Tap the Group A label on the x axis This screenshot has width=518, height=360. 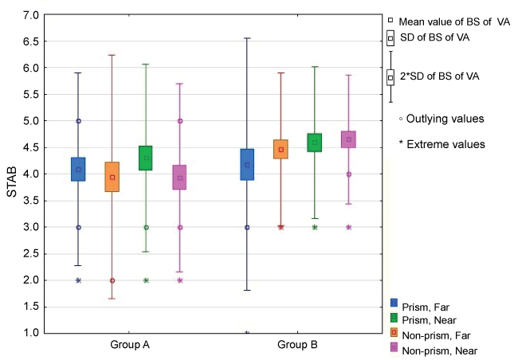[130, 346]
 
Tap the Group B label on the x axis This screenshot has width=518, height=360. [298, 346]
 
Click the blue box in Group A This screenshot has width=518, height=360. [78, 169]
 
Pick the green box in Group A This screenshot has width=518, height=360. [146, 158]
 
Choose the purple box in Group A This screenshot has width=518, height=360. [179, 177]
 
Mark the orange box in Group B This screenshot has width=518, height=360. [281, 149]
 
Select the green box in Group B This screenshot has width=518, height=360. [314, 143]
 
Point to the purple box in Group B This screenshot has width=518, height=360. [348, 139]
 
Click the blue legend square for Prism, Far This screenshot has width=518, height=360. [394, 303]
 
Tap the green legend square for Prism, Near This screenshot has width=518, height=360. [394, 319]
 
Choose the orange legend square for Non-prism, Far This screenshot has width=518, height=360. [394, 334]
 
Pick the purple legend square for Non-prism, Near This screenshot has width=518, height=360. [394, 349]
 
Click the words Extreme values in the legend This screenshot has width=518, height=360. [445, 144]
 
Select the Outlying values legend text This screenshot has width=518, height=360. [445, 119]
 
